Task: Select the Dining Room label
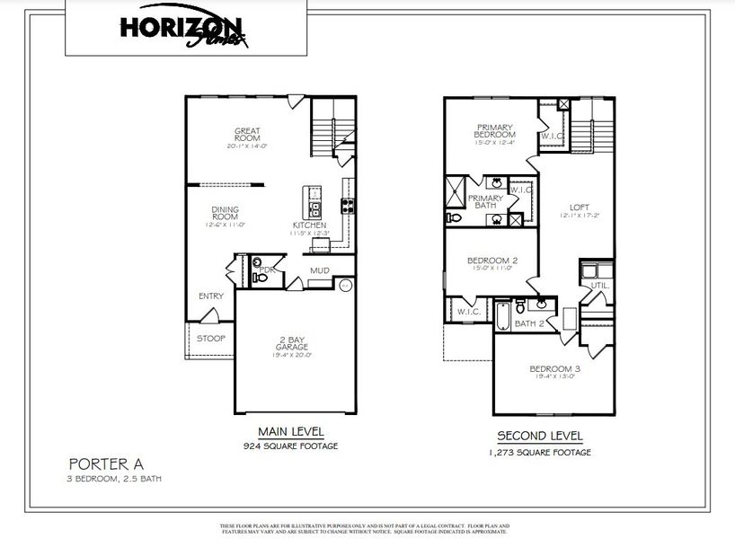225,214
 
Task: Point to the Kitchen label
309,225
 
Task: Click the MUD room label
319,269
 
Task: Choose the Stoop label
211,339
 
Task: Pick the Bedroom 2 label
491,261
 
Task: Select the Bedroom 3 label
554,369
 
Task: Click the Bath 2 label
529,323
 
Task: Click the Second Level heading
540,437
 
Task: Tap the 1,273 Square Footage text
540,452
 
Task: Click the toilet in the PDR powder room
260,278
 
